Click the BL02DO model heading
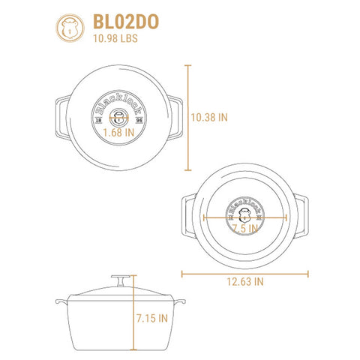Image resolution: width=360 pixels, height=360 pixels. [x=126, y=22]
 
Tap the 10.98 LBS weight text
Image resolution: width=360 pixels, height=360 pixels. [x=115, y=38]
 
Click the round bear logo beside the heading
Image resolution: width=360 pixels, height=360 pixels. [x=70, y=28]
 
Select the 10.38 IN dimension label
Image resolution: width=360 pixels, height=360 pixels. [x=209, y=118]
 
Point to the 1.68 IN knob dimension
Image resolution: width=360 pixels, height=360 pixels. [x=118, y=133]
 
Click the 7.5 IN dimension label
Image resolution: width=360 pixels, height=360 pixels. [x=245, y=228]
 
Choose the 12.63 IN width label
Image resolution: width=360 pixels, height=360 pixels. [x=245, y=282]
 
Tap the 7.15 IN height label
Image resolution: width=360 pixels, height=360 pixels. [x=152, y=319]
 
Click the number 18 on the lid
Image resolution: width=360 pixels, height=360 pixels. [x=99, y=121]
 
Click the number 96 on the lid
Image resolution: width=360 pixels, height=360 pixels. [x=139, y=121]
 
